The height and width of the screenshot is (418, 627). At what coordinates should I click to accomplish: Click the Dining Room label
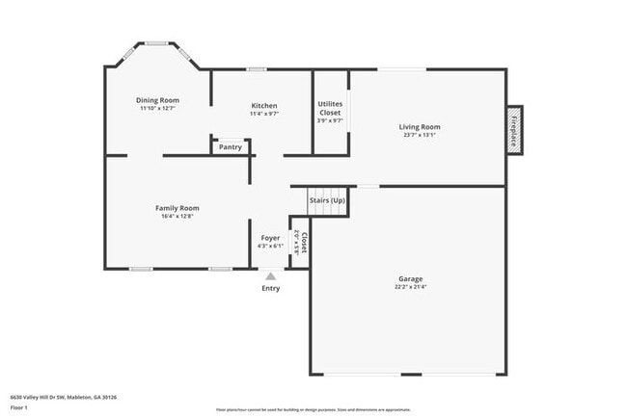[x=158, y=100]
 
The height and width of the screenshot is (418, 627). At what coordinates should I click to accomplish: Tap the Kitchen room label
[x=264, y=106]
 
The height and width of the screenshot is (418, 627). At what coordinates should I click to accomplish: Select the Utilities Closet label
[x=330, y=107]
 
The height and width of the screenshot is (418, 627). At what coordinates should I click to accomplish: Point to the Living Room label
[x=420, y=127]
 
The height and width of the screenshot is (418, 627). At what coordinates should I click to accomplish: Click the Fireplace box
[x=514, y=129]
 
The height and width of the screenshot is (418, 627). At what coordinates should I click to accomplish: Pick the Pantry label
[x=230, y=147]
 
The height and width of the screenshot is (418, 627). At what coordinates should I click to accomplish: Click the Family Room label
[x=177, y=208]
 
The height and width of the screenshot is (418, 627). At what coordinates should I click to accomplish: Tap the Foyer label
[x=270, y=238]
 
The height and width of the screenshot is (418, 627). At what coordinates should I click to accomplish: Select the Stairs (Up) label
[x=327, y=200]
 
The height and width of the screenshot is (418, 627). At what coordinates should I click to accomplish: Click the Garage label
[x=410, y=277]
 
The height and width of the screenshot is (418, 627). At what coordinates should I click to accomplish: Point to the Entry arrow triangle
[x=271, y=276]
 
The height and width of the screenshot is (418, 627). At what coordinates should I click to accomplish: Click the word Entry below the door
[x=271, y=288]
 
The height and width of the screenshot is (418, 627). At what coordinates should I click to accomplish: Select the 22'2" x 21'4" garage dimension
[x=410, y=286]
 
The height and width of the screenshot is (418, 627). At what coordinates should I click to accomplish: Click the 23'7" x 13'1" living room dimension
[x=420, y=136]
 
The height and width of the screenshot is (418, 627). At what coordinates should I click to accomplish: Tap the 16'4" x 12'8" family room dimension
[x=177, y=217]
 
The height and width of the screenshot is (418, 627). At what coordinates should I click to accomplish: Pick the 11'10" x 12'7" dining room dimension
[x=158, y=109]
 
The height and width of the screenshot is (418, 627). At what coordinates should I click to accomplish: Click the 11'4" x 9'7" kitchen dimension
[x=264, y=115]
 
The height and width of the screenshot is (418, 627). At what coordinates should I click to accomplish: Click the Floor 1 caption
[x=19, y=407]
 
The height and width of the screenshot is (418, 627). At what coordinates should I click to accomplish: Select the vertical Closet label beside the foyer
[x=304, y=242]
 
